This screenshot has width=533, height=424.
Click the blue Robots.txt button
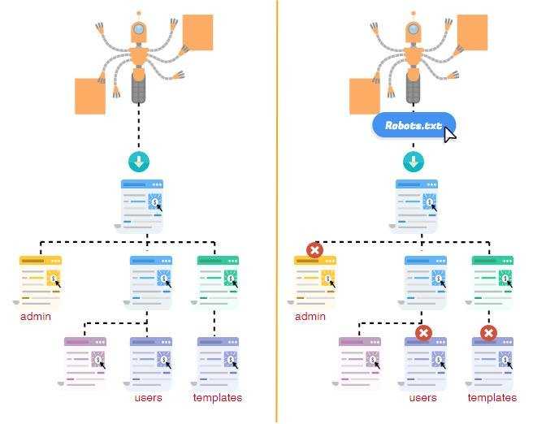[x=414, y=125]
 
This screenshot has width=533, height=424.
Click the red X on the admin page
[x=314, y=250]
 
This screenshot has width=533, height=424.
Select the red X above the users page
[x=423, y=333]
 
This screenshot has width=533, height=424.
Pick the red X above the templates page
[x=489, y=333]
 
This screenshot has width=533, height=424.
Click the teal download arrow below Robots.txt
[x=414, y=162]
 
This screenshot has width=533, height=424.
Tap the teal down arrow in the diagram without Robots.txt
[x=139, y=162]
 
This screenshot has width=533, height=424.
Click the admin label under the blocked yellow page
[x=310, y=317]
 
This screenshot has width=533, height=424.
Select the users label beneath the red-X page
[x=422, y=397]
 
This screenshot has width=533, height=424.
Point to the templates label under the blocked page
[x=492, y=397]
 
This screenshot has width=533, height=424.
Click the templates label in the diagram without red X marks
[x=218, y=397]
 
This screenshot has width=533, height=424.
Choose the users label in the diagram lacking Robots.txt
[x=148, y=397]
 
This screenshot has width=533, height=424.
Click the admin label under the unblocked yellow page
[x=36, y=317]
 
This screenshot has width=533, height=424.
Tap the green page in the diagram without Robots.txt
[x=217, y=282]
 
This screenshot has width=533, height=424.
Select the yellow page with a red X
[x=314, y=282]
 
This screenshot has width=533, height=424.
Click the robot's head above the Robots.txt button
[x=414, y=31]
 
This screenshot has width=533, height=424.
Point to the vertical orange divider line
[x=277, y=212]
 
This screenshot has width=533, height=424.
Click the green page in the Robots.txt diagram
[x=492, y=282]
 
